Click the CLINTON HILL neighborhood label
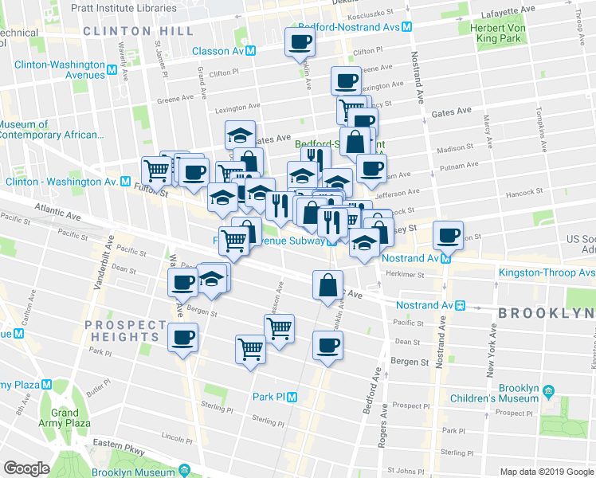tap(138, 31)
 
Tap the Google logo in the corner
tap(25, 468)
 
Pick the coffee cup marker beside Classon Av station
tap(300, 43)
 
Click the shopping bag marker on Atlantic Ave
tap(328, 285)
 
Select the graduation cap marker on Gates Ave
tap(239, 135)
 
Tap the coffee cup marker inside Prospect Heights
tap(183, 337)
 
